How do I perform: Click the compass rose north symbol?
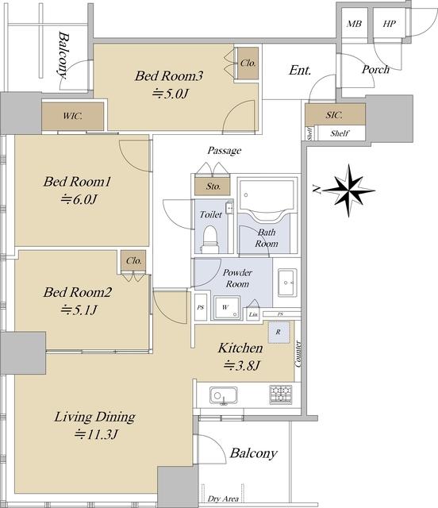pos(349,190)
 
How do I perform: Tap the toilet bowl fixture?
pos(209,239)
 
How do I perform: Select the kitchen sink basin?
pos(223,395)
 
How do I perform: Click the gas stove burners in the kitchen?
pos(281,394)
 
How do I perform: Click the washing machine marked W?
pos(226,307)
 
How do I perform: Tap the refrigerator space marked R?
pos(279,332)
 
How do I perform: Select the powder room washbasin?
pos(287,283)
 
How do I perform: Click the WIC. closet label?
pos(72,116)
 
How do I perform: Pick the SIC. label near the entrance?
pos(334,114)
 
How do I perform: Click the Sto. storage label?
pos(213,187)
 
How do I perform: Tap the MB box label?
pos(354,24)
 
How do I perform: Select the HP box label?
pos(389,24)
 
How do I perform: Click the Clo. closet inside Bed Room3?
pos(248,63)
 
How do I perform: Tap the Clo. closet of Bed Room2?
pos(134,260)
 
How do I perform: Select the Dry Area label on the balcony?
pos(223,499)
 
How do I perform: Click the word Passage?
pos(225,151)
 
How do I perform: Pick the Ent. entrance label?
pos(300,71)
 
